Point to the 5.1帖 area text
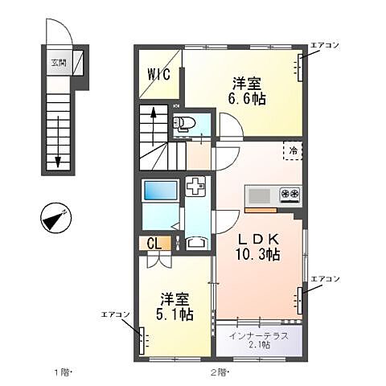(x=175, y=315)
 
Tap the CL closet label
(x=152, y=244)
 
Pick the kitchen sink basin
(x=260, y=195)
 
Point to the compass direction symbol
(x=56, y=219)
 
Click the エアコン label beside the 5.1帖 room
(x=116, y=314)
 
